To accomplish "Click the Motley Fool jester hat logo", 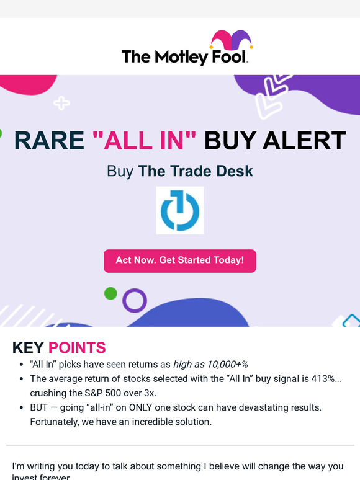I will click(231, 41).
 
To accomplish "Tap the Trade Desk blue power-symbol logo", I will click(179, 210).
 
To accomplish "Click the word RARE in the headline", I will click(49, 141).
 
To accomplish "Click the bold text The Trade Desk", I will click(196, 171).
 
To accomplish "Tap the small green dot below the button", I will click(110, 293).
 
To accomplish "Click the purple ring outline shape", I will click(134, 300).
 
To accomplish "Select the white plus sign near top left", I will click(61, 103).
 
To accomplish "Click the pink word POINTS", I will click(77, 348).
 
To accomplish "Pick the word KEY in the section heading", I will click(29, 348).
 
